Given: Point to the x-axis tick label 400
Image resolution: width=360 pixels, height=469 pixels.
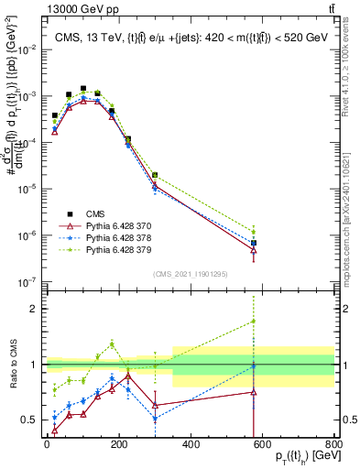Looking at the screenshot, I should [x=191, y=444].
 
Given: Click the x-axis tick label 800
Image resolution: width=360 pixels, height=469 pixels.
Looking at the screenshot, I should [x=334, y=444].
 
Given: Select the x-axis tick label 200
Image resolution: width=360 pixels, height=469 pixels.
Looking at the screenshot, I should [x=119, y=444].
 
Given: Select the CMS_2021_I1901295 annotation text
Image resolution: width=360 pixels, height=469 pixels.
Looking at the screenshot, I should [x=190, y=274].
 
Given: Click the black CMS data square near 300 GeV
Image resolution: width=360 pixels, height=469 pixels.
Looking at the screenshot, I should [x=156, y=175].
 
